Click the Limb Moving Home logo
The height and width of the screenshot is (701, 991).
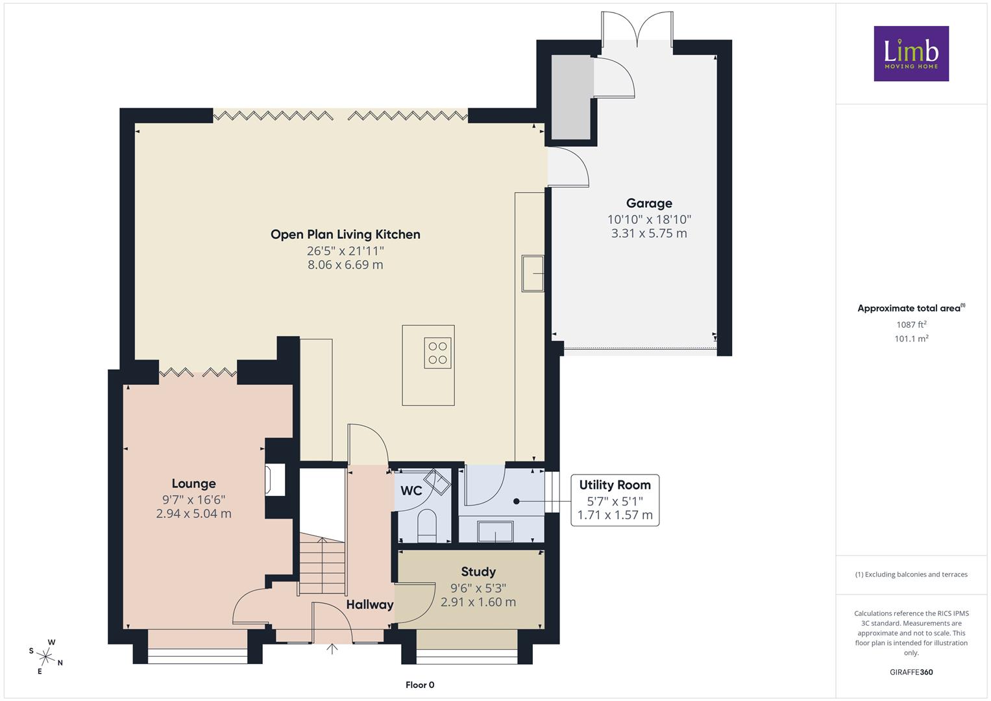tap(911, 53)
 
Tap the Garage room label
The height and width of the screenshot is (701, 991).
tap(649, 204)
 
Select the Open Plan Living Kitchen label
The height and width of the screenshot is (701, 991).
tap(345, 234)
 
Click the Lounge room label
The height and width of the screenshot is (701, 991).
tap(194, 484)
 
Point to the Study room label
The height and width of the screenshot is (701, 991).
tap(478, 572)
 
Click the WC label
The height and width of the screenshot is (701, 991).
tap(411, 491)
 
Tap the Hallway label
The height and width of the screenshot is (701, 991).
tap(370, 604)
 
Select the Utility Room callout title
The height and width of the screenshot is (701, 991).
tap(615, 485)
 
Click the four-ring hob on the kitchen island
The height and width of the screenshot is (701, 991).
tap(437, 353)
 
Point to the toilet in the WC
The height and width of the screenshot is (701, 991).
tap(427, 524)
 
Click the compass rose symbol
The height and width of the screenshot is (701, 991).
tap(46, 656)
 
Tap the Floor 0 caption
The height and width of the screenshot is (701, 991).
tap(420, 685)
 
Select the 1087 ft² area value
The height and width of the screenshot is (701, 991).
tap(911, 325)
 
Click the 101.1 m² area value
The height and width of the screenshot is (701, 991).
tap(911, 339)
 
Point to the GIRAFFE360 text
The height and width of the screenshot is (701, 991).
tap(911, 672)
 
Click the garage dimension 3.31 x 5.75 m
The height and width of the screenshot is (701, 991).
tap(649, 233)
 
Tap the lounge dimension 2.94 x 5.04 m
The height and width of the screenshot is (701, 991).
tap(194, 513)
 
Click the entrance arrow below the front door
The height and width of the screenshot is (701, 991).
tap(332, 648)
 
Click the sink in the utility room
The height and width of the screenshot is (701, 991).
tap(496, 531)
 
